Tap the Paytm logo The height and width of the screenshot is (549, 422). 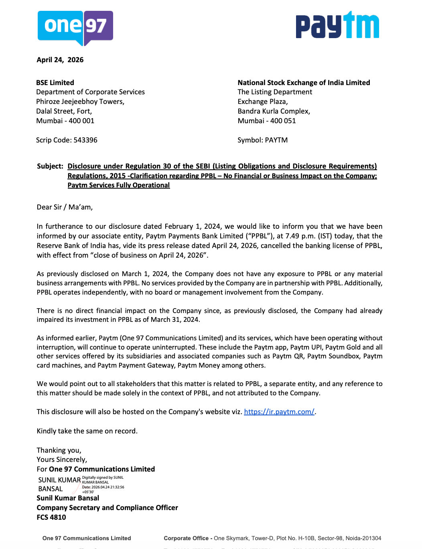point(337,25)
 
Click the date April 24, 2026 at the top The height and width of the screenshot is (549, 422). point(60,60)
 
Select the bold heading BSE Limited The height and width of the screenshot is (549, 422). point(55,83)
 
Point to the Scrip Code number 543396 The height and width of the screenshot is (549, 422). point(85,140)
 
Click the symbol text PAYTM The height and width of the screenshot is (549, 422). point(276,140)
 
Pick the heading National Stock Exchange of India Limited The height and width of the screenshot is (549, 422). point(304,83)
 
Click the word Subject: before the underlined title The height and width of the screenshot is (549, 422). point(50,166)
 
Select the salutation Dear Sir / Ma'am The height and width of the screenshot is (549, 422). point(65,207)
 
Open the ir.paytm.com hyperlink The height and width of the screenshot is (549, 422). point(279,412)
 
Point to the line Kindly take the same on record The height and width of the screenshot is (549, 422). point(87,431)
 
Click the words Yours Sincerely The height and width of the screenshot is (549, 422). point(62,460)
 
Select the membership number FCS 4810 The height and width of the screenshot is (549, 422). point(51,517)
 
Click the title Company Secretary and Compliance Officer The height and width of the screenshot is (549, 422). point(107,508)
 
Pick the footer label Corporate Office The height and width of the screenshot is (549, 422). point(186,538)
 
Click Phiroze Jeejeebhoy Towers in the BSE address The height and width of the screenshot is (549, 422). point(80,102)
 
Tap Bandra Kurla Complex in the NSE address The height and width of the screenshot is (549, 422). point(274,111)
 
